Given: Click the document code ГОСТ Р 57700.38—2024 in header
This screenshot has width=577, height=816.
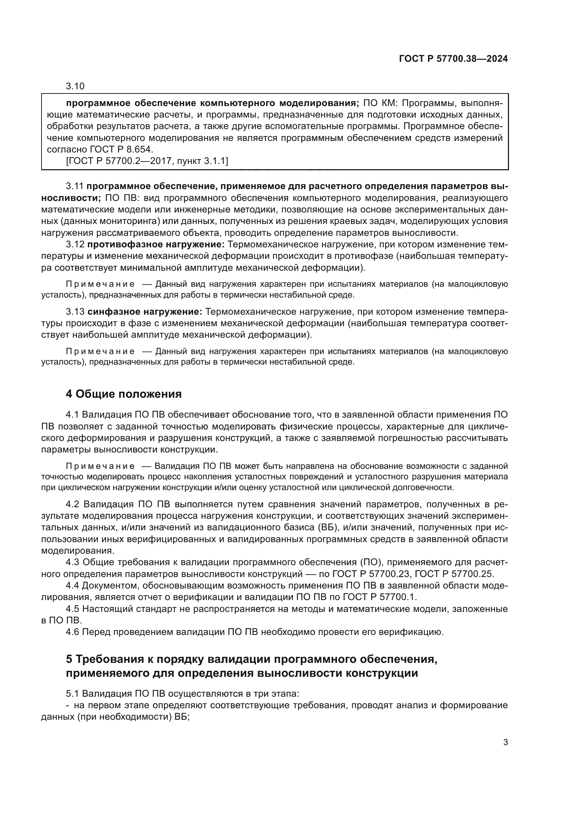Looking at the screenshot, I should (454, 59).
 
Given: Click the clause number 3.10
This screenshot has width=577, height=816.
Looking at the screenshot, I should (75, 87).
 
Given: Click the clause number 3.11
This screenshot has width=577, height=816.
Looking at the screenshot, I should (75, 186).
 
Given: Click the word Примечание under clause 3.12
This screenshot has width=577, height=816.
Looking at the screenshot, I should (100, 284).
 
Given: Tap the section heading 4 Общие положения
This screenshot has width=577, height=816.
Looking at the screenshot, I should (123, 394).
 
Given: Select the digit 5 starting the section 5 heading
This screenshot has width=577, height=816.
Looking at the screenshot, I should (69, 659).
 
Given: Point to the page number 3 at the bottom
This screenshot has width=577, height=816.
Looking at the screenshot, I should (505, 742).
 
